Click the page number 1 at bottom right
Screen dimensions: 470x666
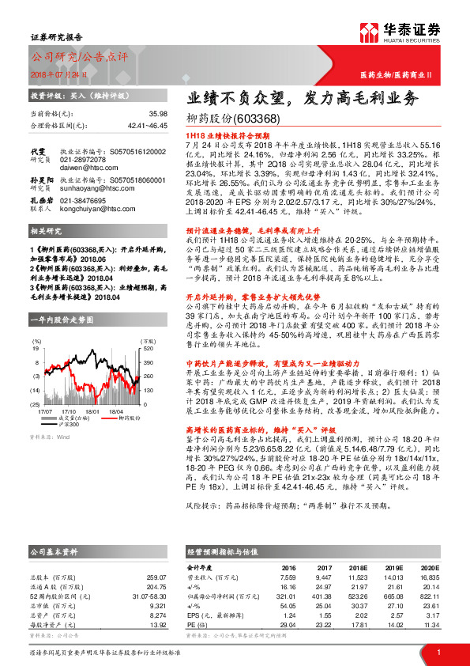point(438,653)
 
